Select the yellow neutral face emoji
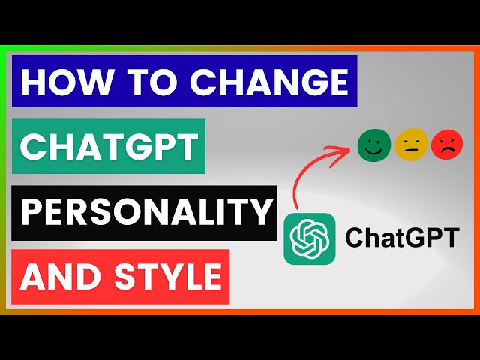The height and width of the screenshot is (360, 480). pos(411,144)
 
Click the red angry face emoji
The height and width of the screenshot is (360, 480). pos(448,144)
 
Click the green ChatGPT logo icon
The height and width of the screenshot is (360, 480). pos(308,238)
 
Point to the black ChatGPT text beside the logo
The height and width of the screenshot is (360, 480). pos(401,238)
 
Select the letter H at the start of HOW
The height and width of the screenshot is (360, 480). pos(32,83)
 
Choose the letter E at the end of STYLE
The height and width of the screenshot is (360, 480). pos(211,276)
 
